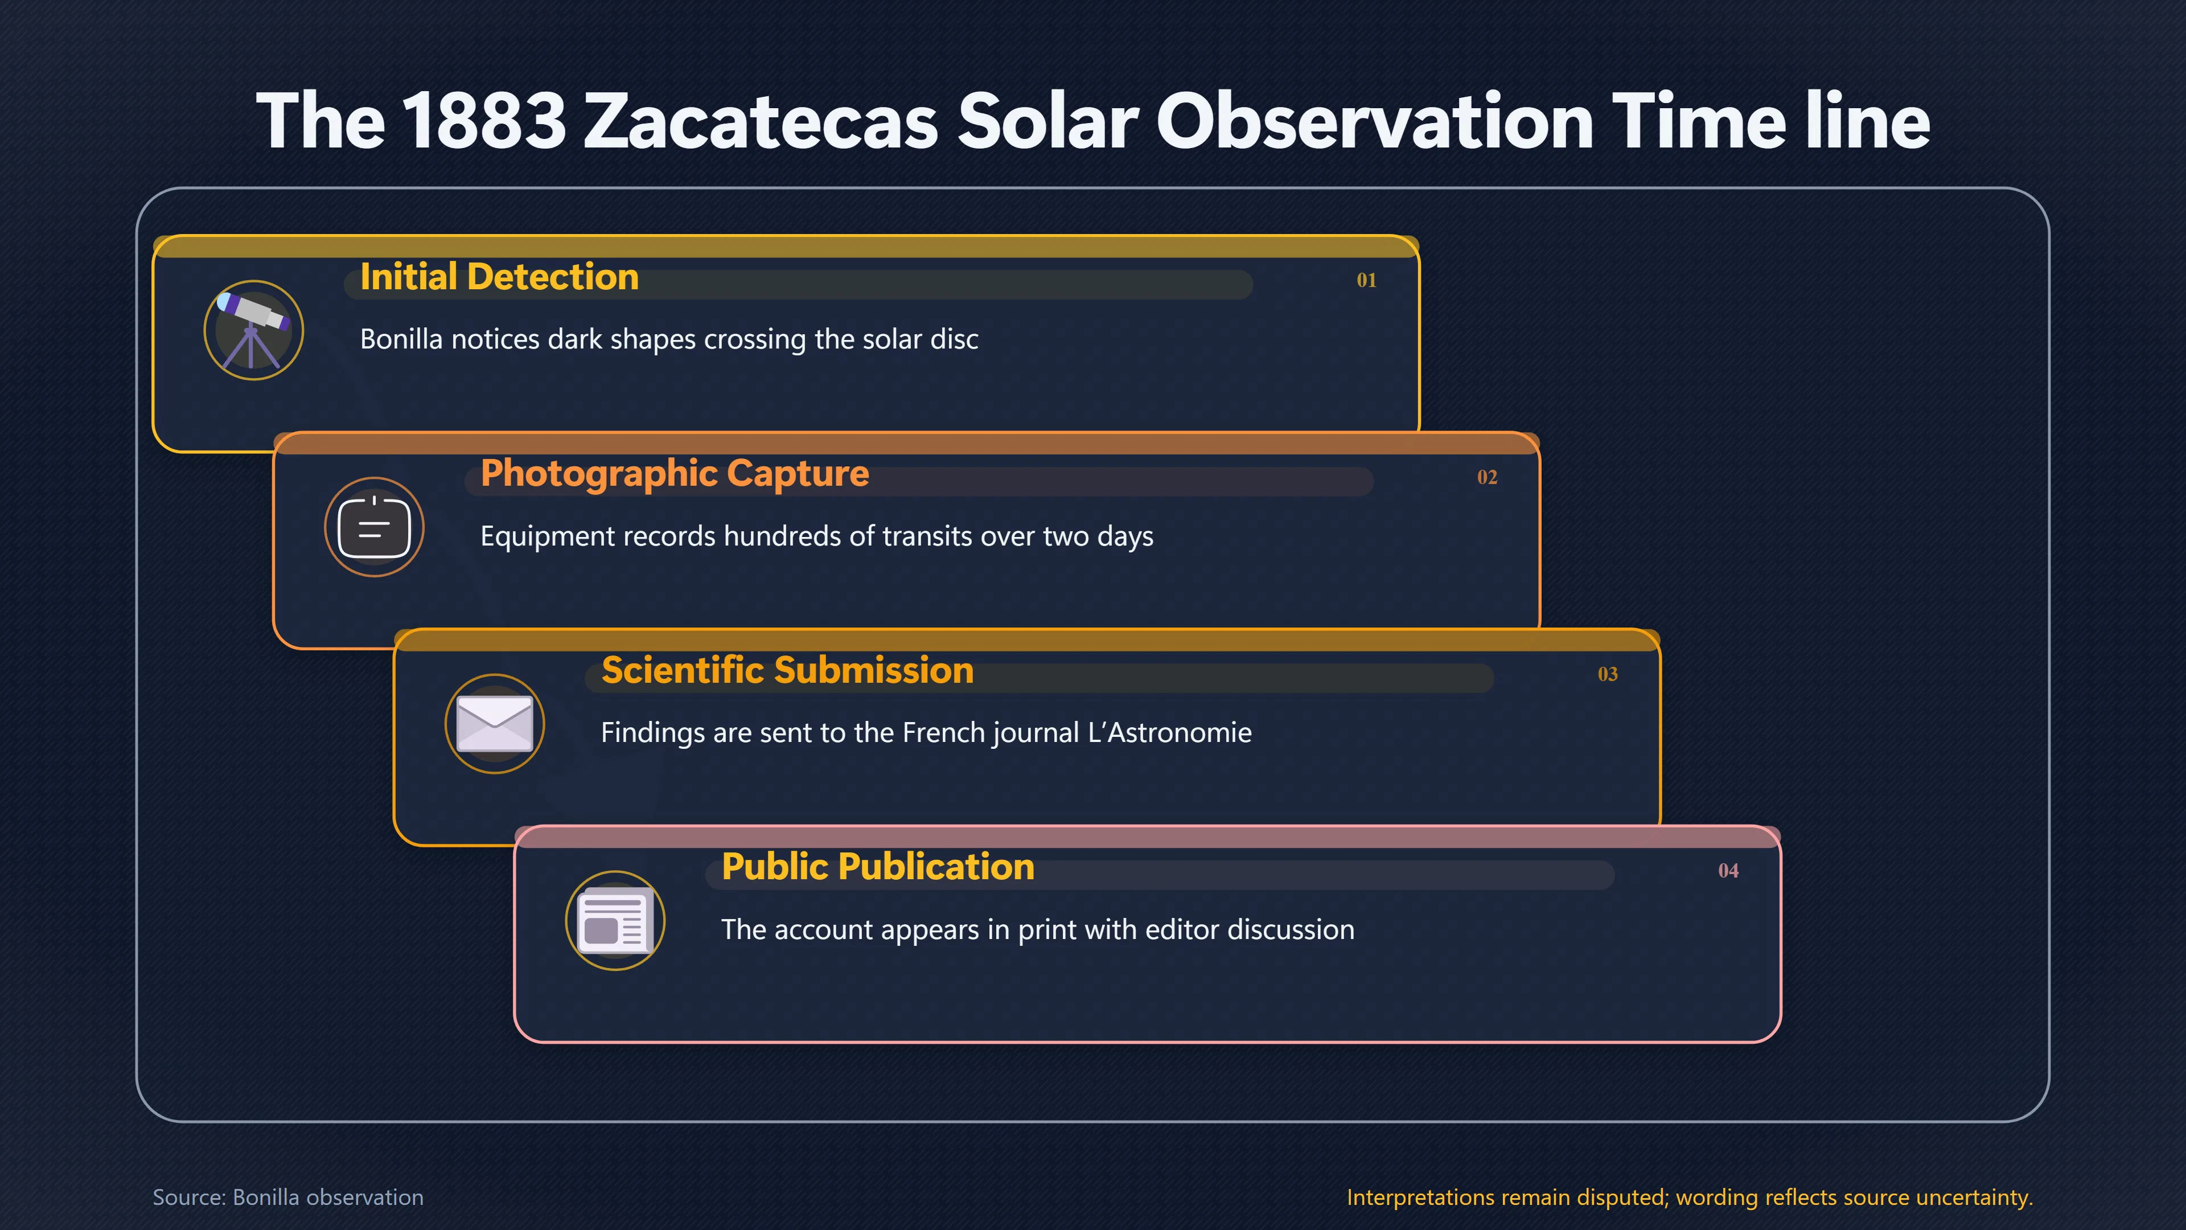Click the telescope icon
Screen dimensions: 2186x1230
253,330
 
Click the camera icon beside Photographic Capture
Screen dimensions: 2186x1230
374,527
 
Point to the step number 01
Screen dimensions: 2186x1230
1366,280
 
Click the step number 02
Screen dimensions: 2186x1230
1487,477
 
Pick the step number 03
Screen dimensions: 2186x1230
1607,674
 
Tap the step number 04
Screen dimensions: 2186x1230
1728,871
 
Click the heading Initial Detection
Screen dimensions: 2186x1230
499,277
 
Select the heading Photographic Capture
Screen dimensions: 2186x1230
675,474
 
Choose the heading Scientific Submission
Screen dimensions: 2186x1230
787,671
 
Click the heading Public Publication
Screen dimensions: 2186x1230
877,867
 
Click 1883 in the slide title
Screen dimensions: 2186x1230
483,121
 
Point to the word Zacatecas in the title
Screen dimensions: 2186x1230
761,121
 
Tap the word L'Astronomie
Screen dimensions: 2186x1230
1169,732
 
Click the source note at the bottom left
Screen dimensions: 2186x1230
287,1197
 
